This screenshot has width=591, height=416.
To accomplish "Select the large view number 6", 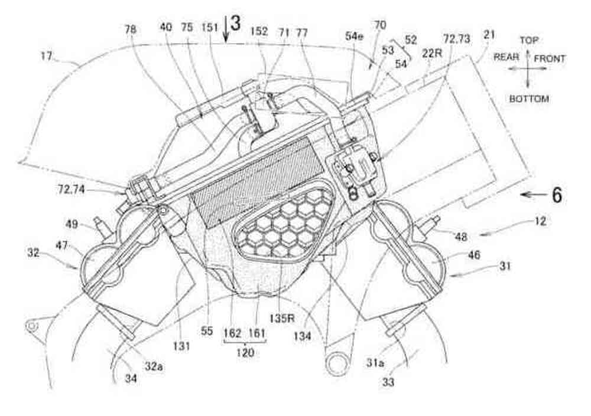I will [x=556, y=195].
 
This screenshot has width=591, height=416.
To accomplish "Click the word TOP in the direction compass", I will [x=528, y=41].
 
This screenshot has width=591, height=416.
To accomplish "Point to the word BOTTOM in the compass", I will [x=529, y=99].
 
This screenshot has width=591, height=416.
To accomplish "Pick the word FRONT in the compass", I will [x=550, y=58].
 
